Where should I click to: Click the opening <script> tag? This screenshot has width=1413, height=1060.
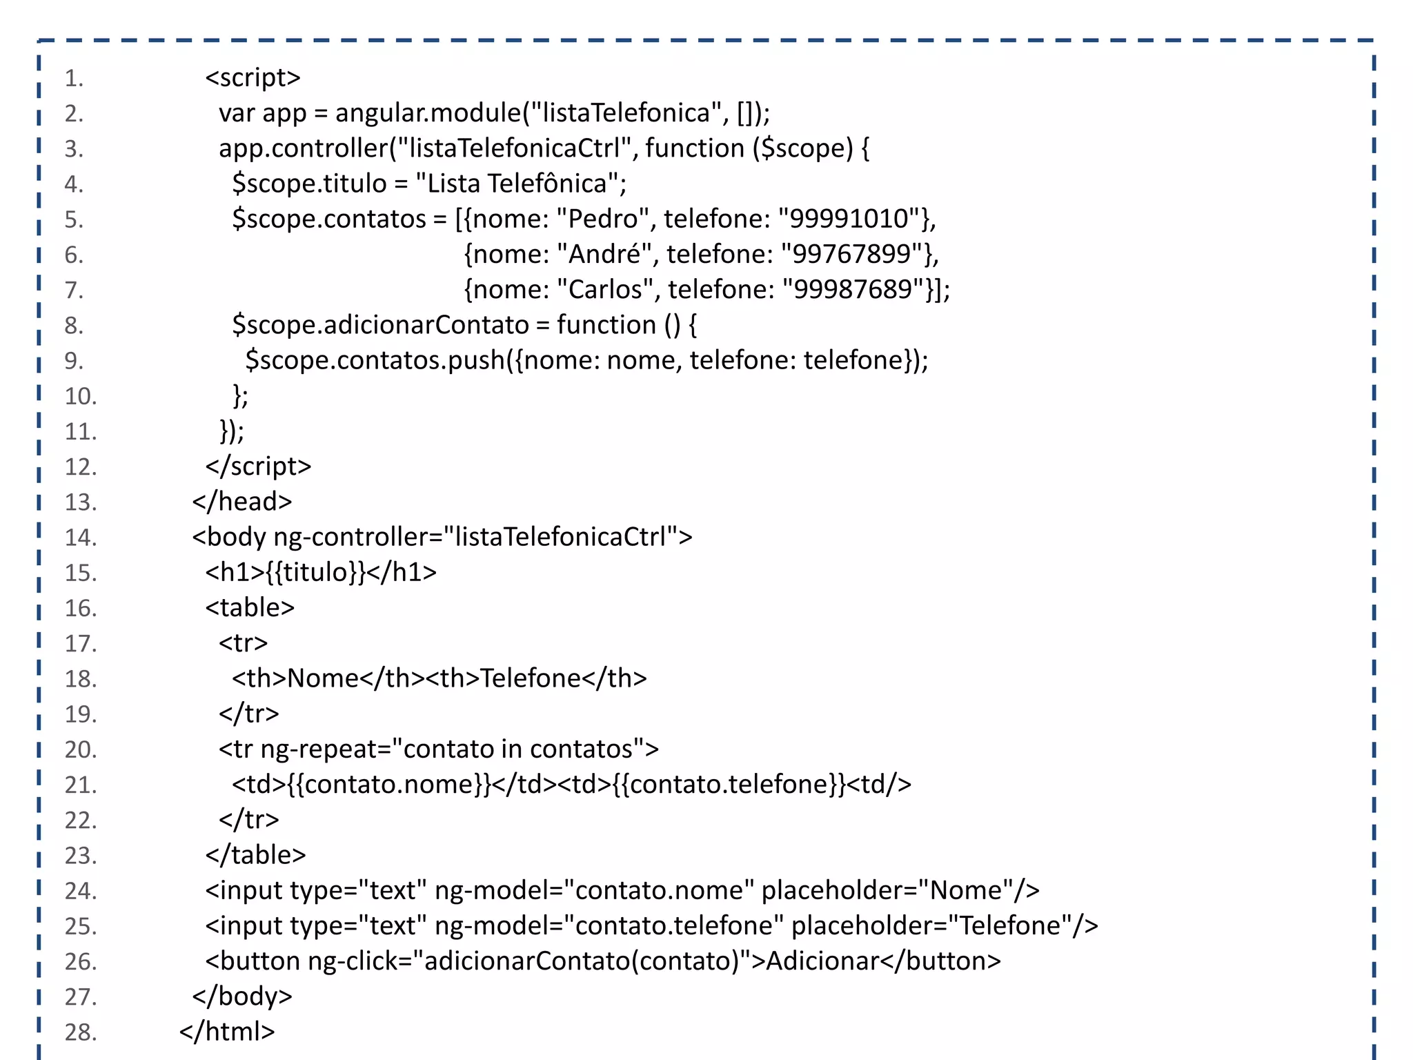[253, 78]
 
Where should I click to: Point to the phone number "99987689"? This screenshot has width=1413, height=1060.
[853, 290]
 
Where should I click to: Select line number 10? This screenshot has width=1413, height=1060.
[80, 396]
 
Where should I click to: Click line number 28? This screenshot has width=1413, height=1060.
[80, 1032]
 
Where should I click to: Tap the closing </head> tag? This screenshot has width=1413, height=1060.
[242, 502]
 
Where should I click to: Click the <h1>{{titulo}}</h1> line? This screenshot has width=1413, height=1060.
[321, 573]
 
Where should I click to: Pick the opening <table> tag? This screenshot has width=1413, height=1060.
[250, 608]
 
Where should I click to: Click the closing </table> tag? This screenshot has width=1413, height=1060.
[255, 855]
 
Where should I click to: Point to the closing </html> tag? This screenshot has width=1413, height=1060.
[227, 1032]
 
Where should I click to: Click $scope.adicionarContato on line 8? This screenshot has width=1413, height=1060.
[380, 325]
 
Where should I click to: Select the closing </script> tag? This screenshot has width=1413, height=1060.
[258, 467]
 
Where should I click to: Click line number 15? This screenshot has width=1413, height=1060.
[80, 573]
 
